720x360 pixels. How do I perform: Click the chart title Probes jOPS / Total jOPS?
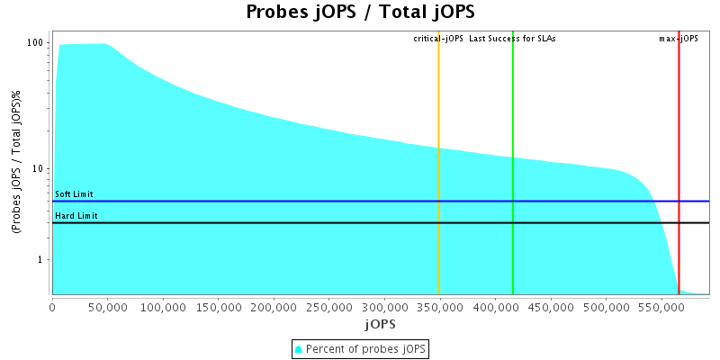point(360,12)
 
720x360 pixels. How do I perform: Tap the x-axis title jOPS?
point(380,323)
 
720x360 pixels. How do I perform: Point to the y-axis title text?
point(17,163)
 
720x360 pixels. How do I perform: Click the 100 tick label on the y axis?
point(36,43)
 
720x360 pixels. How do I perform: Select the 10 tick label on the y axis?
point(39,169)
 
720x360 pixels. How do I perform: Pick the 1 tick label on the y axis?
point(41,260)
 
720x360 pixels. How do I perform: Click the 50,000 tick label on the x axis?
point(108,307)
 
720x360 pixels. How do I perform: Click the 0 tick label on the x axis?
point(53,307)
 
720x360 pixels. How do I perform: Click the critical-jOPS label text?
point(438,39)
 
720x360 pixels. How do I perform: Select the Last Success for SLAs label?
point(513,39)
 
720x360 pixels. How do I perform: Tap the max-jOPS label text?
point(679,39)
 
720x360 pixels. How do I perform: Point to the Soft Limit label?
point(74,194)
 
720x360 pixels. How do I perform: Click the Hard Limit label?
point(76,216)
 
